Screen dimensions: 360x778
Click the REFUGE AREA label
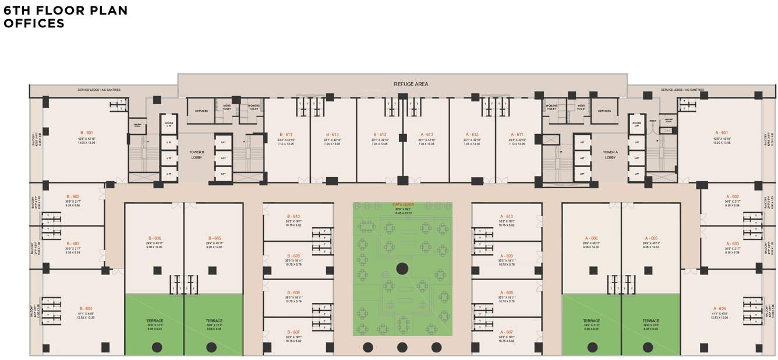[x=411, y=84]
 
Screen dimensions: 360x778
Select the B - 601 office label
[x=86, y=133]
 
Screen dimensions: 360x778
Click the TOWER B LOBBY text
[x=197, y=155]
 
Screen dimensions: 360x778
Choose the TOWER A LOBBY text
[x=610, y=155]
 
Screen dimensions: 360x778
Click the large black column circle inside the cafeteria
[x=402, y=269]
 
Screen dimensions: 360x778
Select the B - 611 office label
[x=285, y=134]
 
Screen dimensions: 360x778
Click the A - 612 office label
[x=472, y=134]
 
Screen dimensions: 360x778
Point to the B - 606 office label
[x=154, y=238]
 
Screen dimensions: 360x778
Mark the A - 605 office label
[x=651, y=238]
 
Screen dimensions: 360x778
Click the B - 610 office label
[x=293, y=216]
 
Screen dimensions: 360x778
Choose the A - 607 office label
[x=506, y=332]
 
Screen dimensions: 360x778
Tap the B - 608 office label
[x=293, y=292]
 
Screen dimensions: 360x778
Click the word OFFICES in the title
[x=34, y=24]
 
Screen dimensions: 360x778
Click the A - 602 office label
[x=732, y=197]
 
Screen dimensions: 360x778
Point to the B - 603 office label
[x=73, y=244]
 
